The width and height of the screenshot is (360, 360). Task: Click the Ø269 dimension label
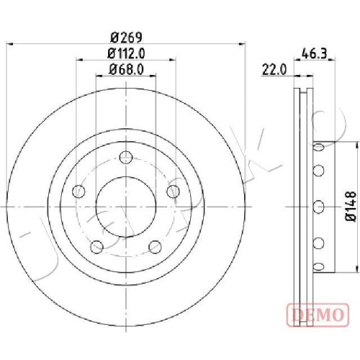click(x=127, y=37)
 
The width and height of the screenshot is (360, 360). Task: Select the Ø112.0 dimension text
click(x=126, y=53)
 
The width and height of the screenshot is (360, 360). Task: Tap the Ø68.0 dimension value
click(x=127, y=69)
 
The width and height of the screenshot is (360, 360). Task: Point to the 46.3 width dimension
click(x=315, y=53)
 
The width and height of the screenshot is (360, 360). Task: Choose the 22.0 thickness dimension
click(x=274, y=70)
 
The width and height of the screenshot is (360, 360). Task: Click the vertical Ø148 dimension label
click(x=351, y=207)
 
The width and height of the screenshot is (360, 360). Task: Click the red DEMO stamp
click(x=318, y=315)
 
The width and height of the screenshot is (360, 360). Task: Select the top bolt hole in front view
click(x=126, y=158)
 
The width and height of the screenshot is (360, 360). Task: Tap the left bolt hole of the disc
click(x=78, y=192)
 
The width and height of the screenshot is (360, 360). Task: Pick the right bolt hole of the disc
click(x=174, y=192)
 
